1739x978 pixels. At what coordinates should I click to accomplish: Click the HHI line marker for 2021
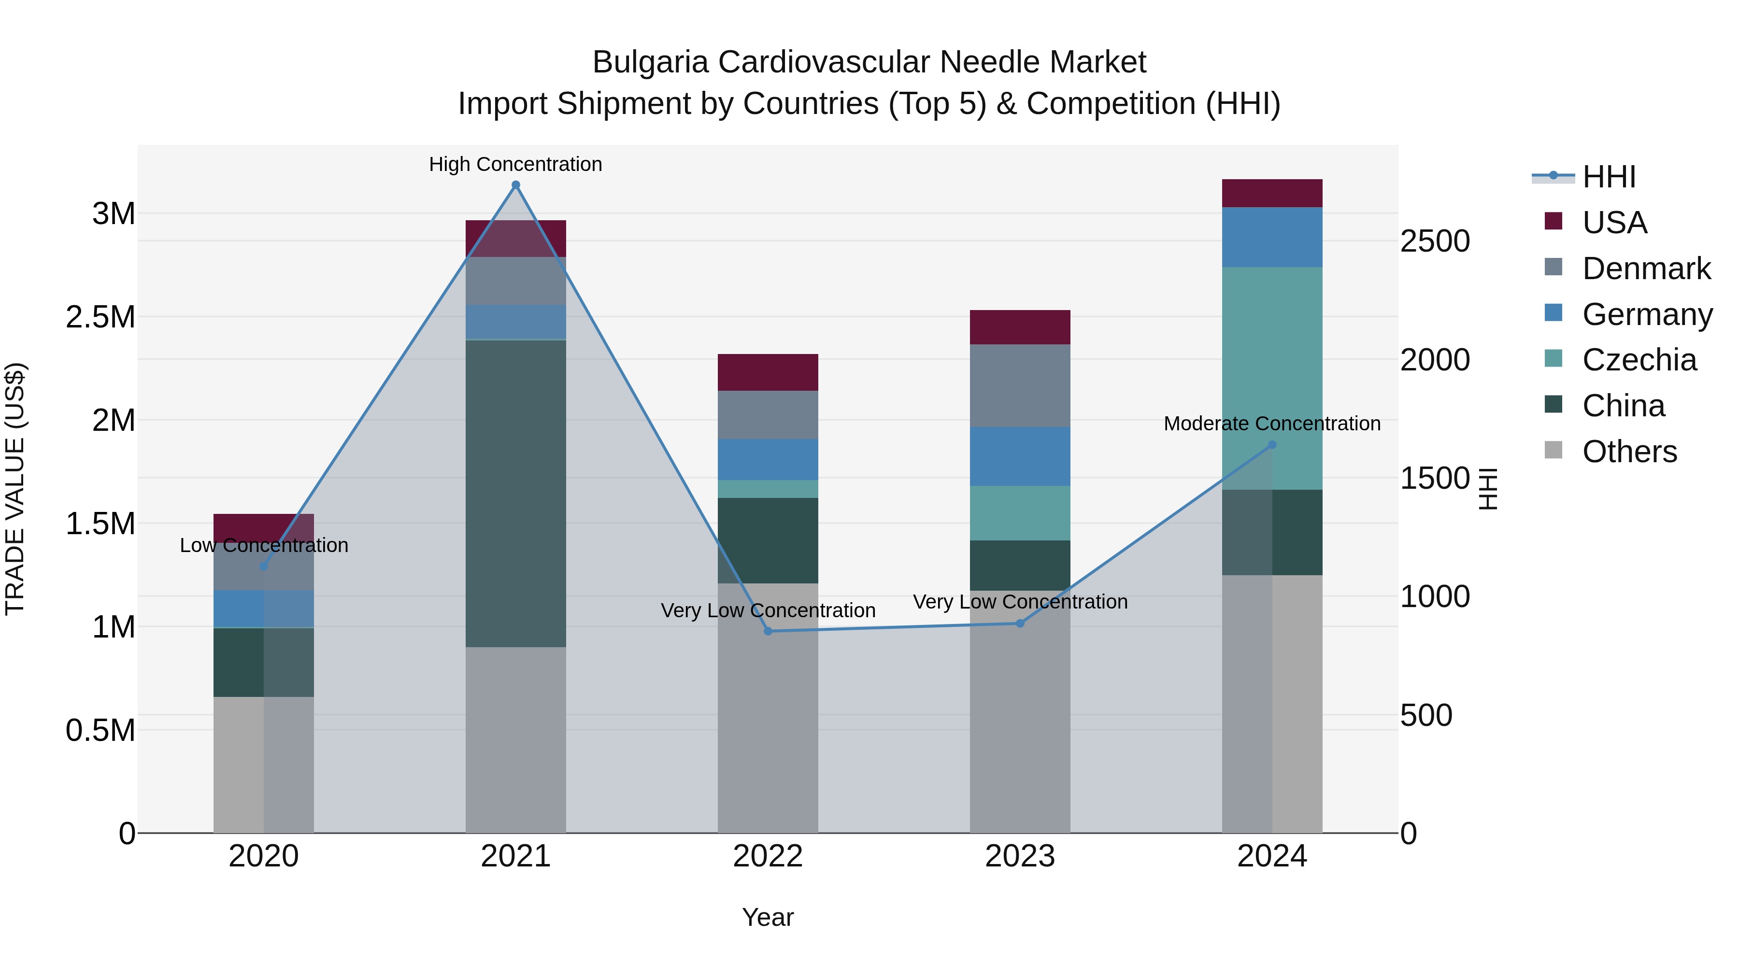(516, 185)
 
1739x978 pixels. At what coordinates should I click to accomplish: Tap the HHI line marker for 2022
(768, 631)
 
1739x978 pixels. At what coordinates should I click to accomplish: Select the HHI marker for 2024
(1272, 445)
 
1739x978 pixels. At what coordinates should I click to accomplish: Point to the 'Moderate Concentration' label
(1272, 423)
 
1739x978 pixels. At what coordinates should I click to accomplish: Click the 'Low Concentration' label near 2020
(264, 545)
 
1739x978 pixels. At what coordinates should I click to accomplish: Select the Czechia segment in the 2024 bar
(1272, 378)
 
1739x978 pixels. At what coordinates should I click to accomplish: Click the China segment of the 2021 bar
(516, 493)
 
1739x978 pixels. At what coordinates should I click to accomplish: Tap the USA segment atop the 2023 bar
(1019, 327)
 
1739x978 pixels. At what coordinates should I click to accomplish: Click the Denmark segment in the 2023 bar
(1019, 385)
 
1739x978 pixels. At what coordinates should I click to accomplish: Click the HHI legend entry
(1608, 177)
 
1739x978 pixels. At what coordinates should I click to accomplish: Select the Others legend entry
(1628, 451)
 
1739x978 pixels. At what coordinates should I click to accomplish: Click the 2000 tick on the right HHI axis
(1435, 360)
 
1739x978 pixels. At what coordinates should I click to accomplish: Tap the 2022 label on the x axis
(768, 856)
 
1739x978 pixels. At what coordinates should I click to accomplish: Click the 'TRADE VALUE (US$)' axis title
(15, 489)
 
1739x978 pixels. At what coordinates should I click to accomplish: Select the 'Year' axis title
(768, 917)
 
